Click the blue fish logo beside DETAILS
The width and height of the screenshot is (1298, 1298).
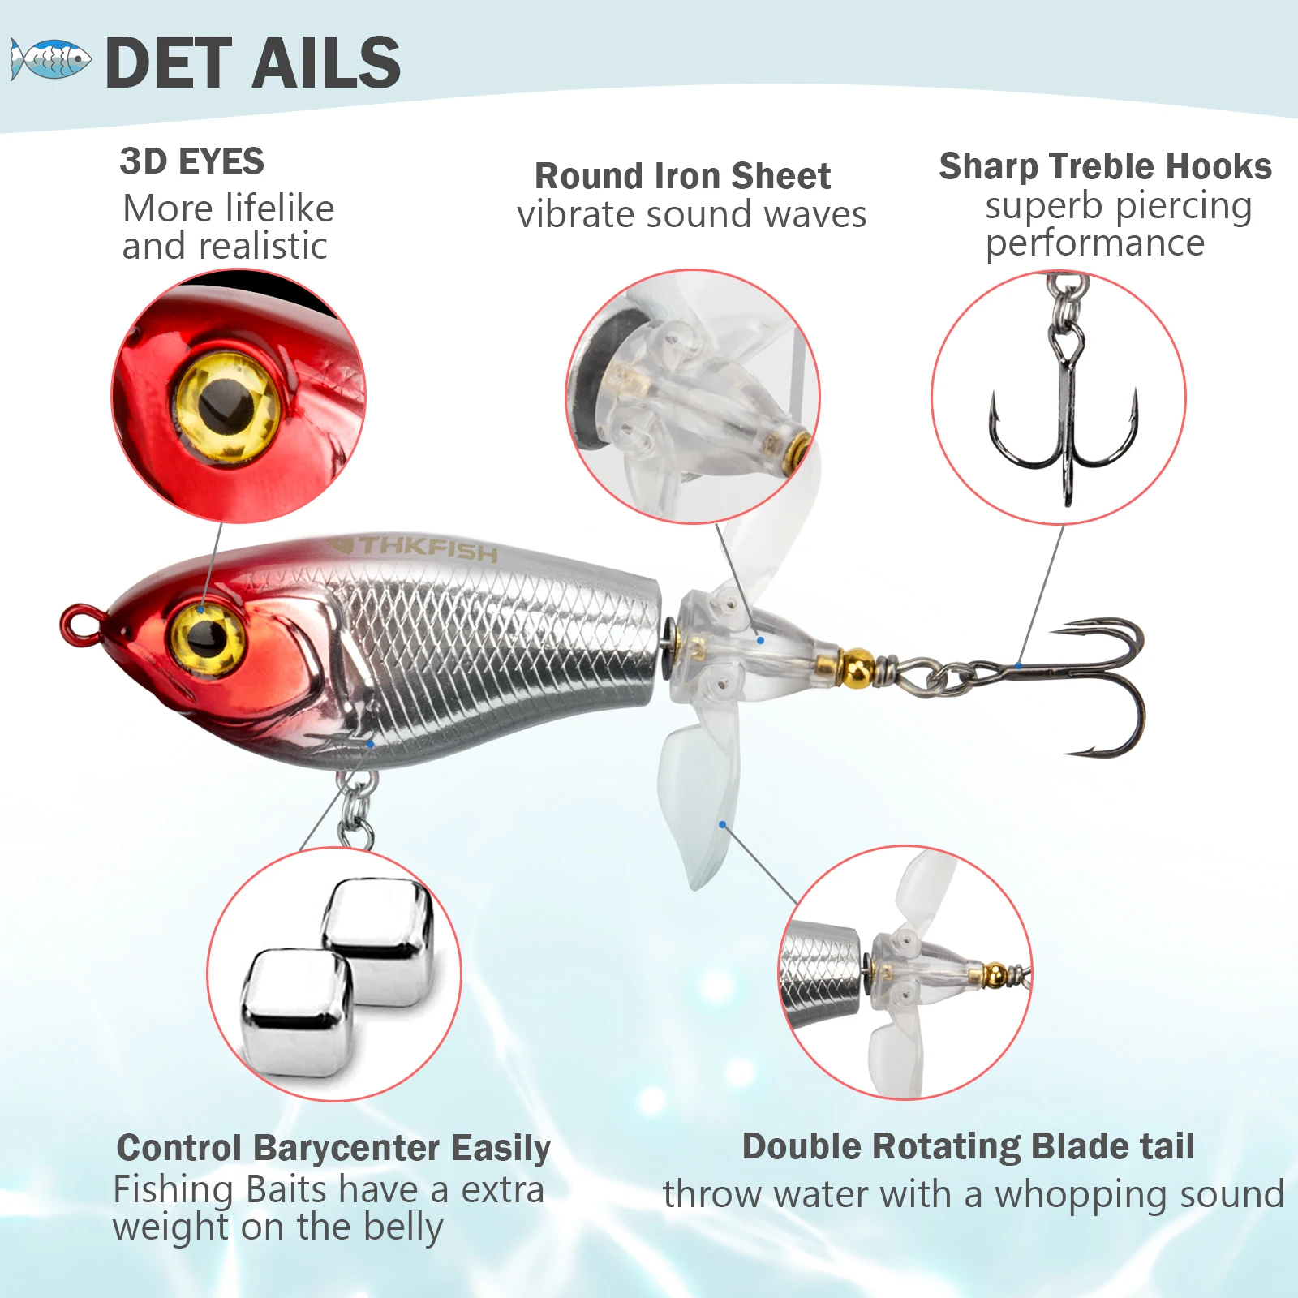tap(50, 59)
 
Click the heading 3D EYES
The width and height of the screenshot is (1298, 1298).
tap(191, 161)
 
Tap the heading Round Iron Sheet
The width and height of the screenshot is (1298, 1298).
tap(682, 176)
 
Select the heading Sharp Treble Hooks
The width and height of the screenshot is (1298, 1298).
tap(1105, 166)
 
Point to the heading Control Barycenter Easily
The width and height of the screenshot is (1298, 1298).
tap(333, 1148)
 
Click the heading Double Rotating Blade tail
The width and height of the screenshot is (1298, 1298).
tap(968, 1146)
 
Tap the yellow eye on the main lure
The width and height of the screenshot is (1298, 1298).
tap(206, 635)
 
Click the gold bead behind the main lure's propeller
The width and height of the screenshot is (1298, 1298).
tap(857, 667)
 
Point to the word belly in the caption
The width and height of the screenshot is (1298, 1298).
tap(403, 1227)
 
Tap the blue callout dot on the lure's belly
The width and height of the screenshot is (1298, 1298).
tap(370, 743)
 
